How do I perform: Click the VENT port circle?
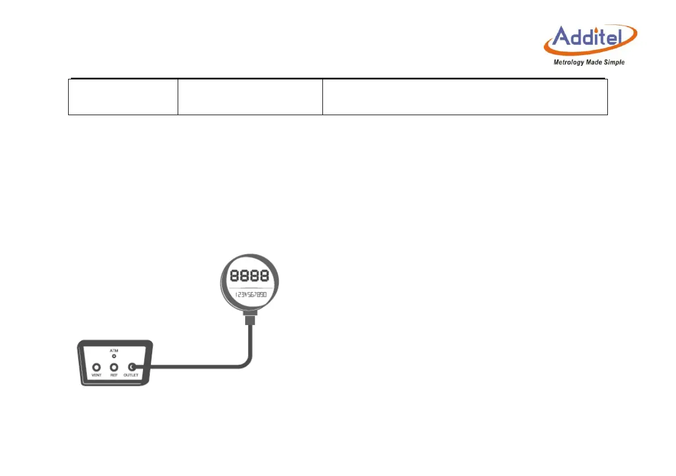(96, 367)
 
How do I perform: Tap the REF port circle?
(114, 367)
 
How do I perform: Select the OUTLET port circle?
(132, 367)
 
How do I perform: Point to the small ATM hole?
(114, 356)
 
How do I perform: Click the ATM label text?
(114, 351)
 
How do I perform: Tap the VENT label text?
(96, 376)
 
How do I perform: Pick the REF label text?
(114, 376)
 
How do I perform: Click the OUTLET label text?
(132, 376)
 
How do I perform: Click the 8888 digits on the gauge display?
(249, 277)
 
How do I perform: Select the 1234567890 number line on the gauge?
(250, 295)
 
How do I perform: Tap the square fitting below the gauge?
(249, 321)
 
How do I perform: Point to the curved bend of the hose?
(243, 363)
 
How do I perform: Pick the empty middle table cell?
(250, 97)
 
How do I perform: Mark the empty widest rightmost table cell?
(465, 97)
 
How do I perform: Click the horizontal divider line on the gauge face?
(250, 289)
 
